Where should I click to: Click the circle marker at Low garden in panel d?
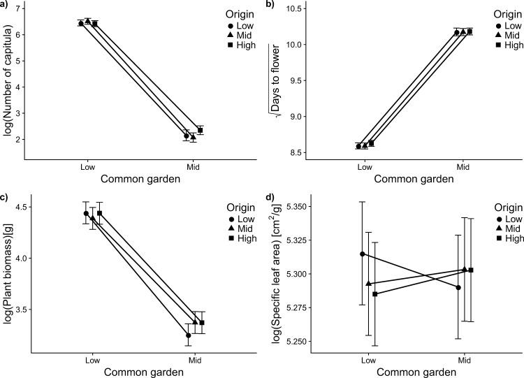(363, 254)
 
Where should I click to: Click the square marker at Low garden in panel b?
(372, 143)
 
